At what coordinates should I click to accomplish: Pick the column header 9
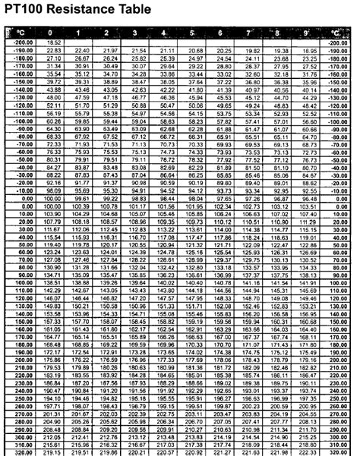pos(308,33)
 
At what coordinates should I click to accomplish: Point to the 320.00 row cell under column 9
pos(308,451)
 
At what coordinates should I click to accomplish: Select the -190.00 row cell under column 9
pos(308,50)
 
